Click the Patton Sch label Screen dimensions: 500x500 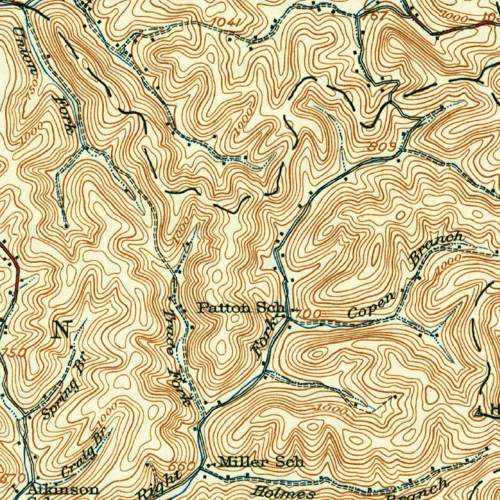click(241, 308)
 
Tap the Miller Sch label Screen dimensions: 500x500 click(261, 461)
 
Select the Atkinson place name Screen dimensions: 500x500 click(63, 489)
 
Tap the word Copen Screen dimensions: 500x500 click(372, 307)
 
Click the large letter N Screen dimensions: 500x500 click(62, 329)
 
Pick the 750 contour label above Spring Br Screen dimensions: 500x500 click(14, 353)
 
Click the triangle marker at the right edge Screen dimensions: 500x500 click(480, 413)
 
